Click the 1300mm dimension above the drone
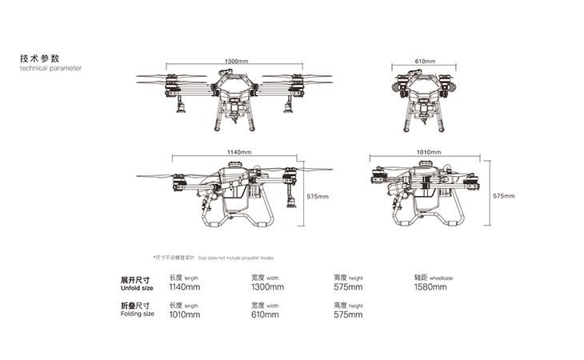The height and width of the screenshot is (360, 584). point(236,62)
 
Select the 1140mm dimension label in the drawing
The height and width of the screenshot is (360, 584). point(239,151)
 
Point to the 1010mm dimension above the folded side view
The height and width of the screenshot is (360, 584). point(430,151)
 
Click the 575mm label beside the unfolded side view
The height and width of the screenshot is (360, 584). point(318,196)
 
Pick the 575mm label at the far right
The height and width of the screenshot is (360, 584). point(503,196)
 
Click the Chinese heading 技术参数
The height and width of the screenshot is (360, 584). point(39,58)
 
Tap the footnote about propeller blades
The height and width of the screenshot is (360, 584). point(213,258)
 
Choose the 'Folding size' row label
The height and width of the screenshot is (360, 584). point(137,314)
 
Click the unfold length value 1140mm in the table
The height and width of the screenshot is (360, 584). point(185,287)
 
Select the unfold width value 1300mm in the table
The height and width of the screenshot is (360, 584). point(267,287)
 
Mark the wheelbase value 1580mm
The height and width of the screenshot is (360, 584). point(430,287)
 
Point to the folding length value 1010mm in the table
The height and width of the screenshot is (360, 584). point(184,315)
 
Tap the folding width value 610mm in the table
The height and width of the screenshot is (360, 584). point(265,315)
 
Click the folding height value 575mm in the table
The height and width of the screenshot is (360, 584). point(348,315)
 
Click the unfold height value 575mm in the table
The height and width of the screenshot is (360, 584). point(348,287)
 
